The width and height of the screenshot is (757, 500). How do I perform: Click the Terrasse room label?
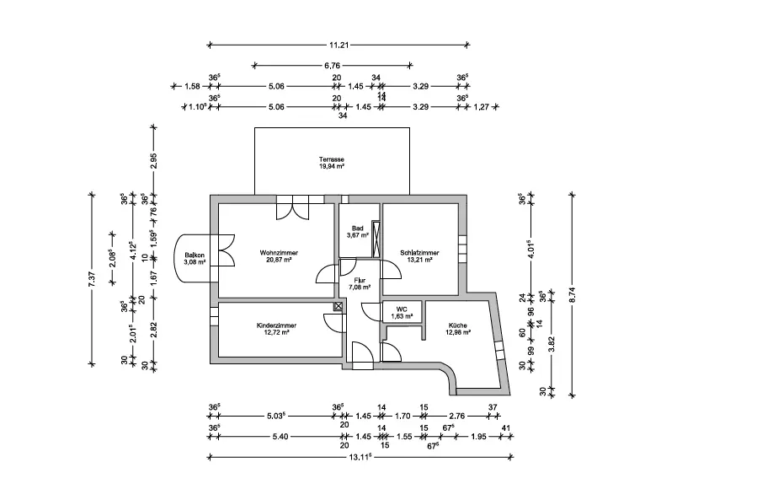point(331,159)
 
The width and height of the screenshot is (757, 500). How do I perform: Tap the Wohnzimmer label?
point(279,252)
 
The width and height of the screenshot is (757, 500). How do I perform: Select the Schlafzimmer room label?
point(418,252)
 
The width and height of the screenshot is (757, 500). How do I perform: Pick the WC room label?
point(402,309)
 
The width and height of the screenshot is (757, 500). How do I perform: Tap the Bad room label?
point(357,228)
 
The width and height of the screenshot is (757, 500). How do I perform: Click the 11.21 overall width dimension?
point(339,44)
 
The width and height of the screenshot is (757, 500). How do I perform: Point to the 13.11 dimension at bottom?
point(359,458)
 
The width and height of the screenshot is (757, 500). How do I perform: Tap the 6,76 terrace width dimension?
point(332,65)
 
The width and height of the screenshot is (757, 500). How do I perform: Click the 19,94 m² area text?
point(331,167)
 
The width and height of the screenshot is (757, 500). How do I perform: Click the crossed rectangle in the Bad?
point(376,238)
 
